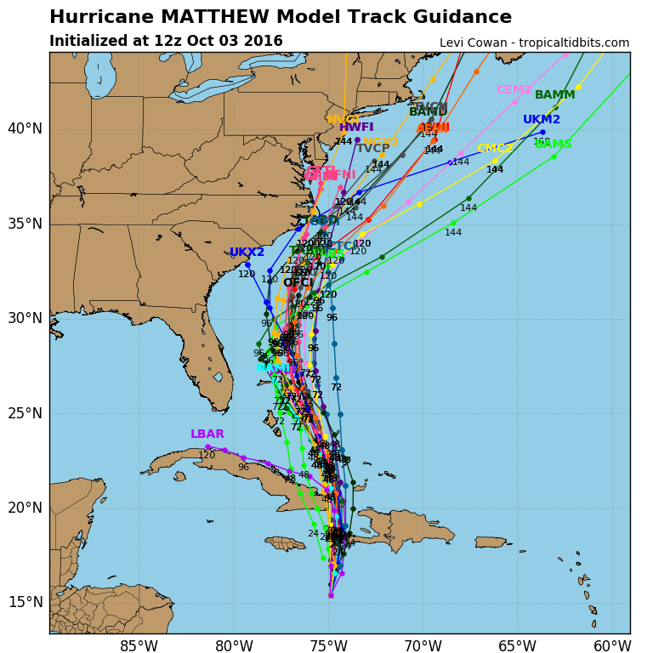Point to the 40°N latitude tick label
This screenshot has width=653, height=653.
point(25,128)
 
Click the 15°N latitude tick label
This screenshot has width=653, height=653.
point(25,602)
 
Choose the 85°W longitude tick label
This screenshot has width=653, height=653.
point(139,646)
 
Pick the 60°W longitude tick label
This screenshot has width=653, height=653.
point(611,646)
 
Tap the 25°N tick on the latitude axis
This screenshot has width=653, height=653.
point(25,413)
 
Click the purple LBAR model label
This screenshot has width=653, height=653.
point(207,434)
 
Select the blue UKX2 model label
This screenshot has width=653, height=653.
point(247,253)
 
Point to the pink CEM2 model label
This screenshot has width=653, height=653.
point(514,89)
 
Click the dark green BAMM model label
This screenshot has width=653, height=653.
point(554,94)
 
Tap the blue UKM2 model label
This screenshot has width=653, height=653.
point(542,120)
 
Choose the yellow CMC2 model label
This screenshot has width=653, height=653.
point(495,149)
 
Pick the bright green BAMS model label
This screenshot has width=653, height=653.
point(553,145)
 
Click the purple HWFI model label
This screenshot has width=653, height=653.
point(356,128)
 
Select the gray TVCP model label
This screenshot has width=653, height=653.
point(372,148)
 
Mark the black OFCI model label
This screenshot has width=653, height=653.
point(298,282)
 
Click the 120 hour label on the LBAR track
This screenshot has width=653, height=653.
point(207,456)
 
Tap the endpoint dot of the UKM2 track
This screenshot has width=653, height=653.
point(542,132)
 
